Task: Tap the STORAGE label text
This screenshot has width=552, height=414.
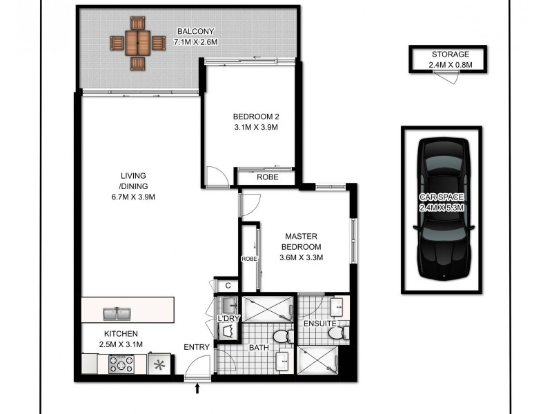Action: [x=450, y=55]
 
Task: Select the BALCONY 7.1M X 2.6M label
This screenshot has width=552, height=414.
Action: [x=197, y=37]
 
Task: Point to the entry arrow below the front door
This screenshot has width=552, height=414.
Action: [x=198, y=390]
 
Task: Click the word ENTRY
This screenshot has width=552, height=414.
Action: [x=196, y=347]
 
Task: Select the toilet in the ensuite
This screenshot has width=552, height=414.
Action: [x=336, y=334]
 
